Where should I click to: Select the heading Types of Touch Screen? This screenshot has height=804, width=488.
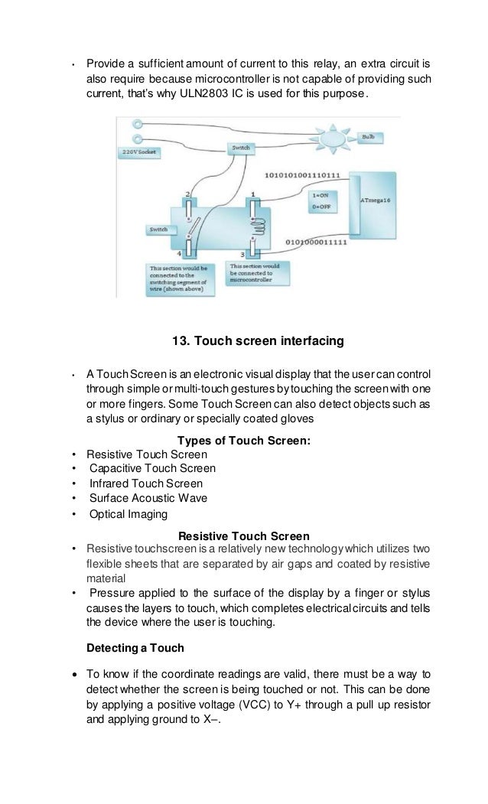(x=244, y=440)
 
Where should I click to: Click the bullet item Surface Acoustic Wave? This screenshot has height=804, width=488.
(x=148, y=498)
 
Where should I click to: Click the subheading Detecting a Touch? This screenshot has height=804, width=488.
(x=135, y=648)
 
